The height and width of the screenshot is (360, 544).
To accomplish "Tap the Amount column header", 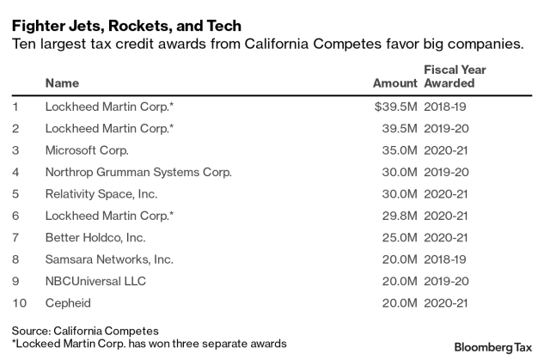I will click(x=395, y=83).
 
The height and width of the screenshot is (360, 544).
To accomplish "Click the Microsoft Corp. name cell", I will click(x=87, y=149).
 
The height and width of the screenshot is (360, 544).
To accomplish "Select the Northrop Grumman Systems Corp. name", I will click(x=138, y=171).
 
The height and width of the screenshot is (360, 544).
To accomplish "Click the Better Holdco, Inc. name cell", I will click(x=95, y=236).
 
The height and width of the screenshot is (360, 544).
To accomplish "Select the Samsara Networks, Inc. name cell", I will click(x=109, y=258).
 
